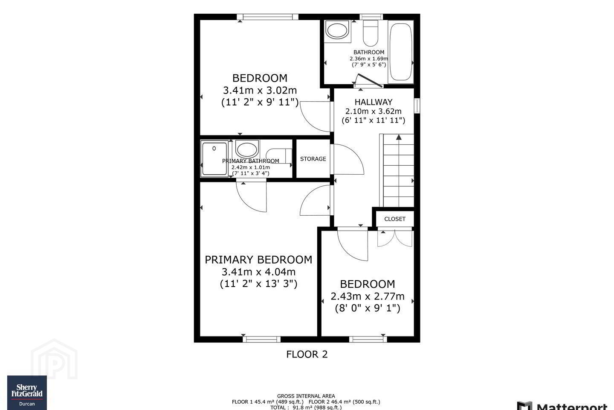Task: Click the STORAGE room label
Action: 313,159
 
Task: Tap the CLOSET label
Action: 395,219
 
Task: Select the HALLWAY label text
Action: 374,102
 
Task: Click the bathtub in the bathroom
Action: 400,52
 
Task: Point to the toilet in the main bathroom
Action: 370,33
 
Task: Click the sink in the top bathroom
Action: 337,31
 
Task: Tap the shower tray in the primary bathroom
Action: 214,159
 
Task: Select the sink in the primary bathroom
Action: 247,149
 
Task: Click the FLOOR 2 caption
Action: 307,354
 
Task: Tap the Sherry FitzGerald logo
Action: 27,392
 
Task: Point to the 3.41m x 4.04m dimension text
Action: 258,272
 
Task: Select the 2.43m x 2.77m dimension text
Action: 367,296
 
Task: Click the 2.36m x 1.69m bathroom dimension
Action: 369,59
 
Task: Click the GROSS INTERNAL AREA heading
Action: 306,396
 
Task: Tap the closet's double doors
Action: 395,238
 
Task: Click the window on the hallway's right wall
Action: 417,105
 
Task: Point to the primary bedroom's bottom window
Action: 261,339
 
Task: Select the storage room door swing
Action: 347,159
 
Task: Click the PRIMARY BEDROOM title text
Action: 258,260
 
